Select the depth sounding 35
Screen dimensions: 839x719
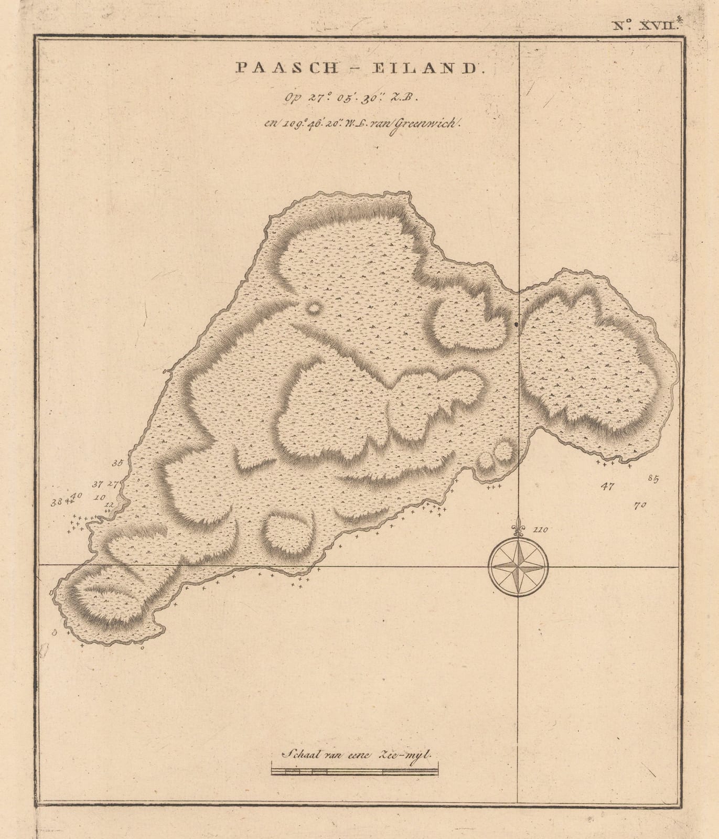point(117,463)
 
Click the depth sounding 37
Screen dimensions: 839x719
point(98,484)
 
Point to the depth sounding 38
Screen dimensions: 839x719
point(56,502)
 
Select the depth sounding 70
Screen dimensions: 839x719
point(639,505)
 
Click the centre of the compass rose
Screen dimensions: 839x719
point(518,567)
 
